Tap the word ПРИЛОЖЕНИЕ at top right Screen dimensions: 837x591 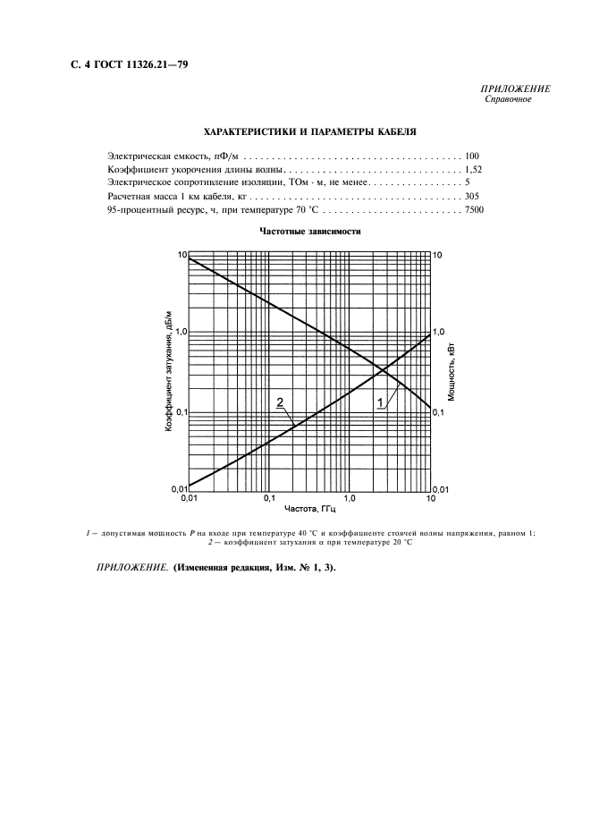(x=515, y=89)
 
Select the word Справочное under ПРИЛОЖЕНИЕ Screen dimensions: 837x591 (x=507, y=99)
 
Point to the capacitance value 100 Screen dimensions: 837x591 (x=473, y=156)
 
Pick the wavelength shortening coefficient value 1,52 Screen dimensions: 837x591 (x=474, y=169)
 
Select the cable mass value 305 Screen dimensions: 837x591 (x=474, y=195)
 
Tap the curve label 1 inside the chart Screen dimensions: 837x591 (x=381, y=402)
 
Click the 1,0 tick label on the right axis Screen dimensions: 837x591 (x=439, y=332)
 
